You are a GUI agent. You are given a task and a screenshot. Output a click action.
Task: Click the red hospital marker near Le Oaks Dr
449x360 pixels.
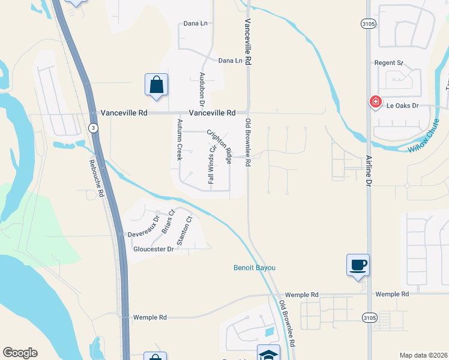tap(376, 102)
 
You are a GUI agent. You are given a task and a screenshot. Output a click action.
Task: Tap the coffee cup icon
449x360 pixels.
tap(358, 265)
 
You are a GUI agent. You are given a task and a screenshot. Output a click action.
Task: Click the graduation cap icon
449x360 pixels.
tap(268, 354)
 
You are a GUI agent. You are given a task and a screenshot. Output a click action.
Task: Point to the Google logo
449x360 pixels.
tap(20, 353)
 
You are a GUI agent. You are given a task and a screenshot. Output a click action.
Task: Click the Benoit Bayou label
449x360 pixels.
tap(254, 268)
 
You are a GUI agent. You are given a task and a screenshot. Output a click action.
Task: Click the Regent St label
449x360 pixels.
tap(388, 62)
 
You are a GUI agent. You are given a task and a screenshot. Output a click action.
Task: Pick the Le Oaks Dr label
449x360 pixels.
tap(402, 106)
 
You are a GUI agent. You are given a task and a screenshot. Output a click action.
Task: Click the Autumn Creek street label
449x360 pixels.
tap(179, 139)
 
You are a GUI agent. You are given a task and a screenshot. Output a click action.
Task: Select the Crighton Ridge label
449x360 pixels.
tap(220, 146)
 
